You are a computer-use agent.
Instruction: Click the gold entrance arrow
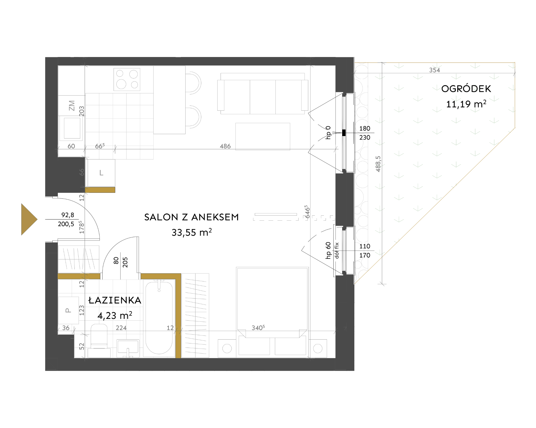(29, 220)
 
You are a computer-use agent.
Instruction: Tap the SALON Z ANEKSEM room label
(192, 217)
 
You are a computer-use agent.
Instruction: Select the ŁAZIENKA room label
(115, 300)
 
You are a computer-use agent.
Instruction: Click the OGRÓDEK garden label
(466, 89)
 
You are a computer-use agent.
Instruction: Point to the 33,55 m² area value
(192, 232)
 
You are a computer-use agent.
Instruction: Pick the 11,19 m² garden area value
(466, 104)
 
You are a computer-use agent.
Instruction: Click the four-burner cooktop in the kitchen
(127, 79)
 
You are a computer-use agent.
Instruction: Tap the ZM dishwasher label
(72, 106)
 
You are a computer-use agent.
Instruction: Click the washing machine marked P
(68, 310)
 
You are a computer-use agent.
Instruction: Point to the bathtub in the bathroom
(159, 318)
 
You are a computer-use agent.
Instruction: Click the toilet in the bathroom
(99, 341)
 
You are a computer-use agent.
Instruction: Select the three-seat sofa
(262, 94)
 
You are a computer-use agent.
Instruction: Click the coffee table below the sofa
(263, 136)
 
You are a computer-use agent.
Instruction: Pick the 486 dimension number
(225, 146)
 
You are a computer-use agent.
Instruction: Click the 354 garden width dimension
(435, 70)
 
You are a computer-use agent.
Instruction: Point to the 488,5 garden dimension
(378, 164)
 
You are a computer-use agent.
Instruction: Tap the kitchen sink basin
(72, 128)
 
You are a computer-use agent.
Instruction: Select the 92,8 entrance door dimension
(68, 215)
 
